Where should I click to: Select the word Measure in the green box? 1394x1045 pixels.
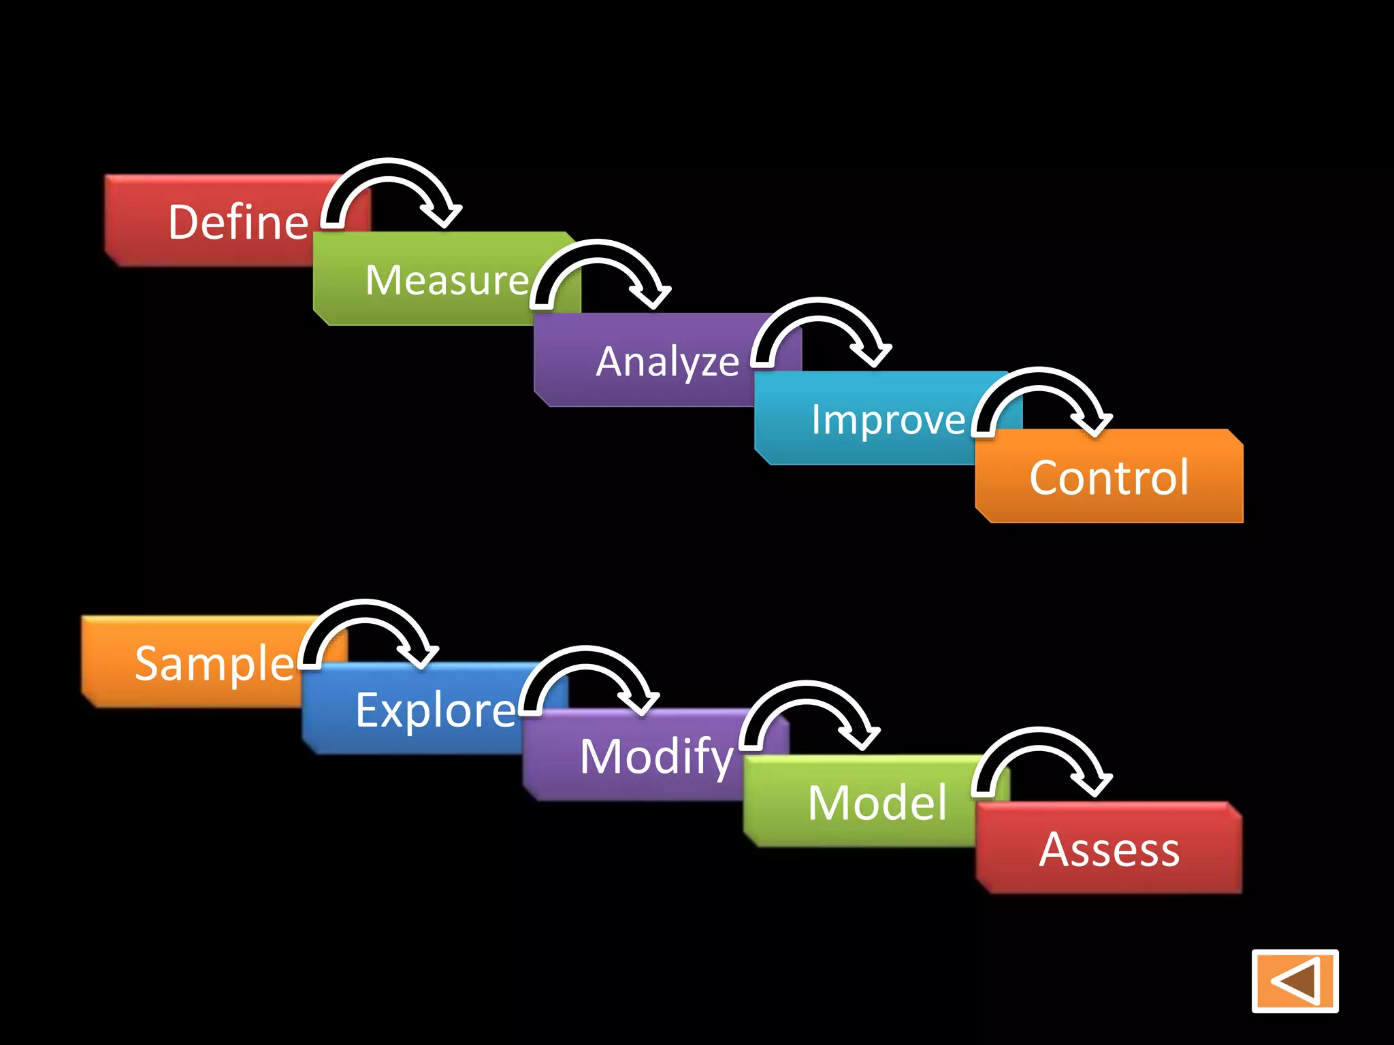tap(447, 280)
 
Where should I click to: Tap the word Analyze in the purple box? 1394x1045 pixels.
tap(667, 361)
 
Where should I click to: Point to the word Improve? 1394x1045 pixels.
tap(888, 420)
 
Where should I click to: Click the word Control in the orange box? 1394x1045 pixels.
tap(1109, 478)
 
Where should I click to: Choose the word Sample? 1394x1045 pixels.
tap(214, 663)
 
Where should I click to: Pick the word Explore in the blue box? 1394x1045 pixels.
tap(436, 710)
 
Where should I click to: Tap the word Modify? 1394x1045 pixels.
tap(657, 757)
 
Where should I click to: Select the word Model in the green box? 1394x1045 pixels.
tap(877, 803)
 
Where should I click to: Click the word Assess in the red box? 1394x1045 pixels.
tap(1109, 850)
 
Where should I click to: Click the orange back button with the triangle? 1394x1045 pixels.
tap(1295, 980)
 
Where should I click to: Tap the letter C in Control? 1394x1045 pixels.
tap(1046, 478)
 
